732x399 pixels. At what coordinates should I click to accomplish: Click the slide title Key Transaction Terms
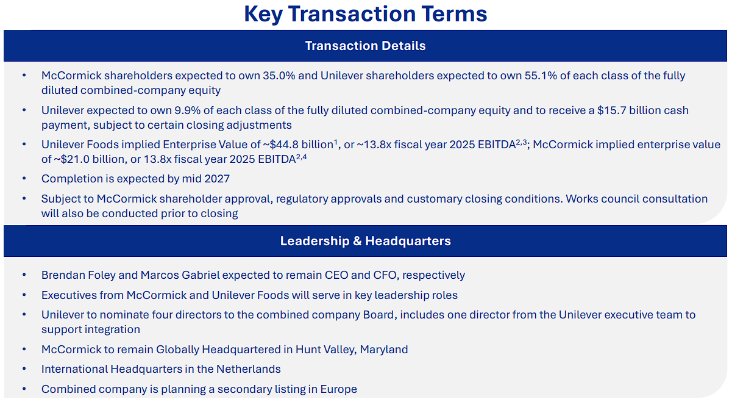click(x=365, y=15)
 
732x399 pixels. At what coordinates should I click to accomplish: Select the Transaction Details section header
click(x=365, y=46)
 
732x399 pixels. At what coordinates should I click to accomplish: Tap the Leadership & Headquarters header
click(x=365, y=241)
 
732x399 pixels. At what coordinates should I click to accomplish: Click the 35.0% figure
click(x=279, y=76)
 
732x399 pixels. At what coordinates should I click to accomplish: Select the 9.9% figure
click(x=187, y=110)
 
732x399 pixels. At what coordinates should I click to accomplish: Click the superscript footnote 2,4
click(x=301, y=157)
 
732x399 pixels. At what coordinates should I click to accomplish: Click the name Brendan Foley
click(x=79, y=275)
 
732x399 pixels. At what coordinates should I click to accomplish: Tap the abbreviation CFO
click(x=385, y=275)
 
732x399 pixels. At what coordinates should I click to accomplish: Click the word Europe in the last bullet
click(x=338, y=389)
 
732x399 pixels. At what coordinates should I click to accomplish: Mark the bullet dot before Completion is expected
click(x=24, y=179)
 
